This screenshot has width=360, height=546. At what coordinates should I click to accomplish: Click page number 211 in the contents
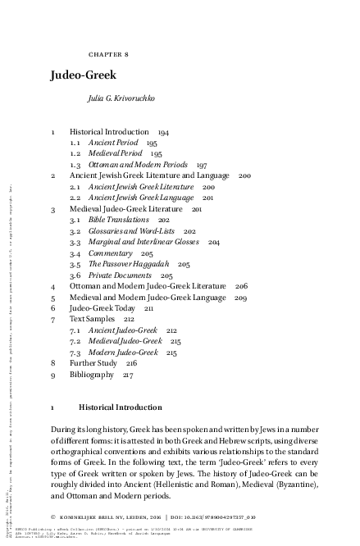[149, 309]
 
